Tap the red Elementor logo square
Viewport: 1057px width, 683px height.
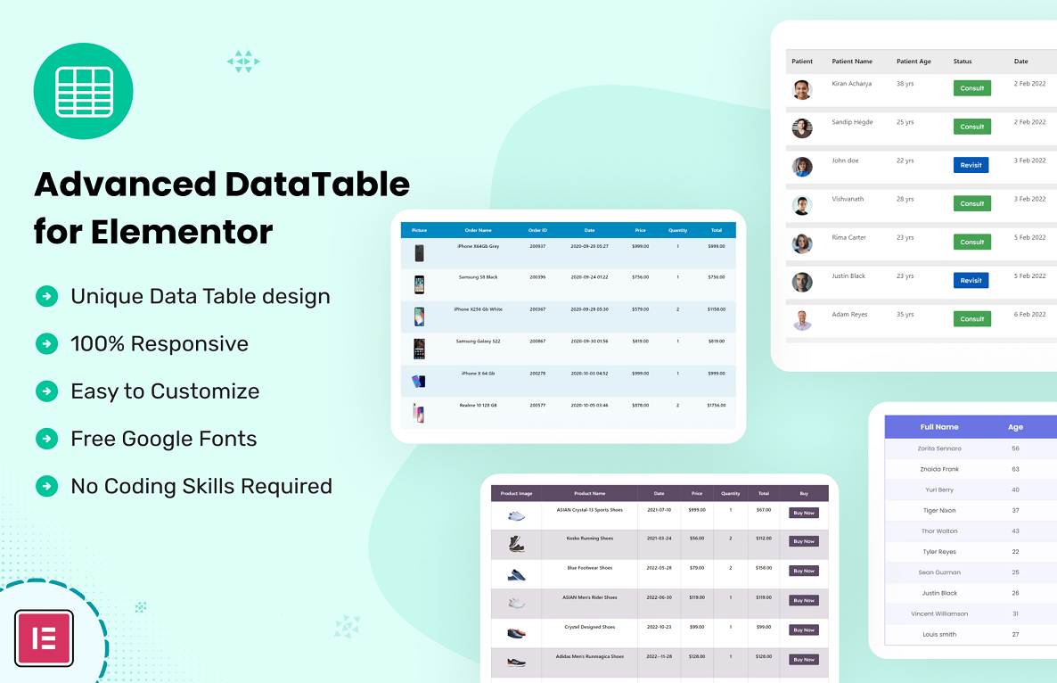click(x=44, y=638)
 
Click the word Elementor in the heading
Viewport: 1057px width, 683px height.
click(x=182, y=232)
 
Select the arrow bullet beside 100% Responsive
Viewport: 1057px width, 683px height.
click(x=46, y=343)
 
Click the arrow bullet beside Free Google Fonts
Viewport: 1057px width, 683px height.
click(x=46, y=439)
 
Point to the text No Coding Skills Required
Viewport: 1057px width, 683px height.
click(x=201, y=486)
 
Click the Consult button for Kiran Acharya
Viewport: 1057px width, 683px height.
click(x=971, y=88)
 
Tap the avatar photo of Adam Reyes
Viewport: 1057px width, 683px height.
click(x=802, y=320)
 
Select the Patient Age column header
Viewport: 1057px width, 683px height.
click(x=914, y=62)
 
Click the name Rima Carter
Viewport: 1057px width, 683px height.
click(x=848, y=238)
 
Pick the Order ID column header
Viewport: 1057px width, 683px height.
click(x=537, y=230)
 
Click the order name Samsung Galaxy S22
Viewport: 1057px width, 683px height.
click(x=478, y=341)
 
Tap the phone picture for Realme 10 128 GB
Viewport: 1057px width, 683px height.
click(x=418, y=413)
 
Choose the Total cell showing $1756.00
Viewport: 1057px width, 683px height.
click(x=716, y=406)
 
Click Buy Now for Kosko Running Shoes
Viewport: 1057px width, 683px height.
click(x=803, y=541)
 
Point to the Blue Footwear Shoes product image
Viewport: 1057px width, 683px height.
click(x=516, y=574)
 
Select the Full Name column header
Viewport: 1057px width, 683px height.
click(x=939, y=427)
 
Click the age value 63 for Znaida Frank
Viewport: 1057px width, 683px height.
click(x=1015, y=469)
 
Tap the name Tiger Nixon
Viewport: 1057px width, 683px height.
click(x=939, y=511)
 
